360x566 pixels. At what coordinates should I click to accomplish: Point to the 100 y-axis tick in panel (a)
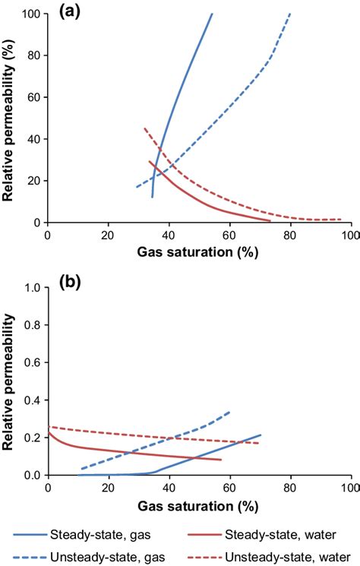click(33, 14)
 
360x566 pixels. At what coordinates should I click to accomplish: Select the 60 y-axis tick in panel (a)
click(35, 97)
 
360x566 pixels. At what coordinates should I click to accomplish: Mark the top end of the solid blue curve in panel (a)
click(212, 14)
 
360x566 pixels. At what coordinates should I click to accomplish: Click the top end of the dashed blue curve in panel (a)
click(289, 14)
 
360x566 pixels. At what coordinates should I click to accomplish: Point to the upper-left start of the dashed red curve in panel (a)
click(144, 128)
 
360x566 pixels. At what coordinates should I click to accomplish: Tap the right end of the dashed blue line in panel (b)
click(229, 412)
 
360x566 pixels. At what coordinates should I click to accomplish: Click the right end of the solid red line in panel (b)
click(221, 460)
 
